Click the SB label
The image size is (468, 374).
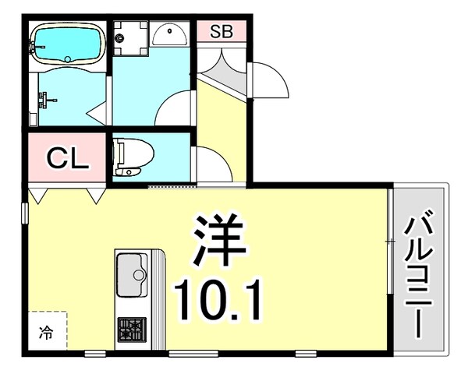point(221,32)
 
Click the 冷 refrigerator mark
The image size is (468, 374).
point(47,334)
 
